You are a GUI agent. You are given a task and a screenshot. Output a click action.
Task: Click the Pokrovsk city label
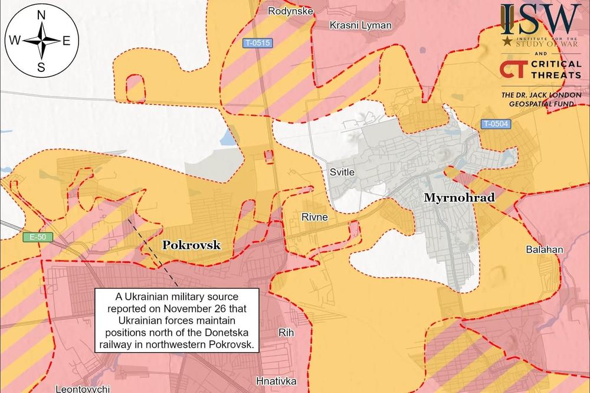point(191,244)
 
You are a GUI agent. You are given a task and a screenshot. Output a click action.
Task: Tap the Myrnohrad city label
point(459,198)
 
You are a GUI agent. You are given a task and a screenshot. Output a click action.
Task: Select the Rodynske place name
point(290,11)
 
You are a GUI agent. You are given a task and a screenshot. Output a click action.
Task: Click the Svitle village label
point(342,172)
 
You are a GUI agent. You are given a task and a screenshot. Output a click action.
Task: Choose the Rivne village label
point(314,217)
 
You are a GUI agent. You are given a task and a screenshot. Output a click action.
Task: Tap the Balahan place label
point(544,250)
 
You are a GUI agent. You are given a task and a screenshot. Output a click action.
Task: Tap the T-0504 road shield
point(494,124)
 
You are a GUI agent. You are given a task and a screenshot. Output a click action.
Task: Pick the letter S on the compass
point(41,67)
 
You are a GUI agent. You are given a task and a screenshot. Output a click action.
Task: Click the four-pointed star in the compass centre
point(41,41)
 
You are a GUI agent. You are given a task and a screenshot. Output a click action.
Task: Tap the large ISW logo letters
point(540,19)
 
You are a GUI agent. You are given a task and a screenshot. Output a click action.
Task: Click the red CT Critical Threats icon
point(512,68)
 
